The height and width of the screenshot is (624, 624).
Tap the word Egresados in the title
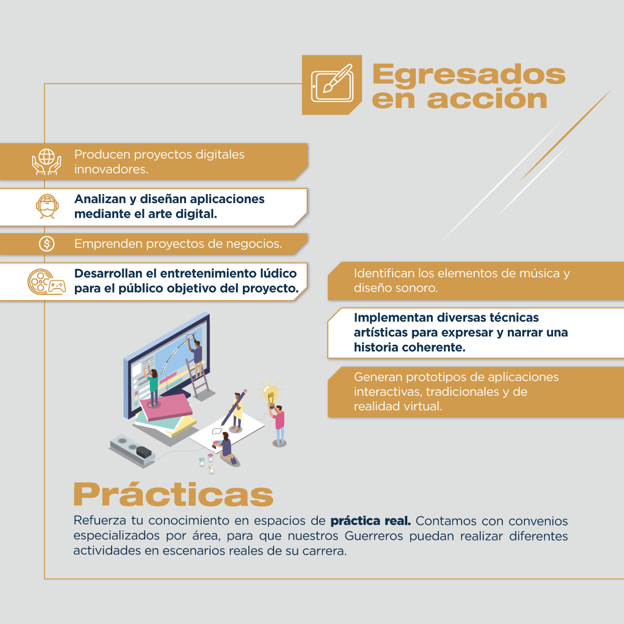pyautogui.click(x=469, y=74)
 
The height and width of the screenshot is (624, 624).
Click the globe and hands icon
pyautogui.click(x=47, y=161)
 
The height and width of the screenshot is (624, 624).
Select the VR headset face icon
pyautogui.click(x=47, y=206)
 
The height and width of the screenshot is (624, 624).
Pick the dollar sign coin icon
pyautogui.click(x=47, y=243)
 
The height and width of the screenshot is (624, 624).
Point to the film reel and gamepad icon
pyautogui.click(x=47, y=282)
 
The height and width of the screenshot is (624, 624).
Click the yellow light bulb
pyautogui.click(x=271, y=393)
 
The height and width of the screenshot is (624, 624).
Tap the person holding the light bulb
pyautogui.click(x=278, y=425)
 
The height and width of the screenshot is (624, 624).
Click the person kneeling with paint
pyautogui.click(x=227, y=449)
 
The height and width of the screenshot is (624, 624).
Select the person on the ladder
pyautogui.click(x=196, y=356)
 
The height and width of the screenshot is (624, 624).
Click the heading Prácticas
pyautogui.click(x=173, y=494)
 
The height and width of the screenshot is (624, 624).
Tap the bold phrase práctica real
pyautogui.click(x=371, y=521)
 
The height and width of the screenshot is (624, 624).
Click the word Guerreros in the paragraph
pyautogui.click(x=374, y=536)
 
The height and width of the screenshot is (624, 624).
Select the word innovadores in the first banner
pyautogui.click(x=111, y=169)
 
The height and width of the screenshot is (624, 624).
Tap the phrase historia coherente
pyautogui.click(x=410, y=347)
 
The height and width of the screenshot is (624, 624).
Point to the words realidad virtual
pyautogui.click(x=398, y=406)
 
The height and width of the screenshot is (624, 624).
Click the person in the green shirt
pyautogui.click(x=153, y=387)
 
